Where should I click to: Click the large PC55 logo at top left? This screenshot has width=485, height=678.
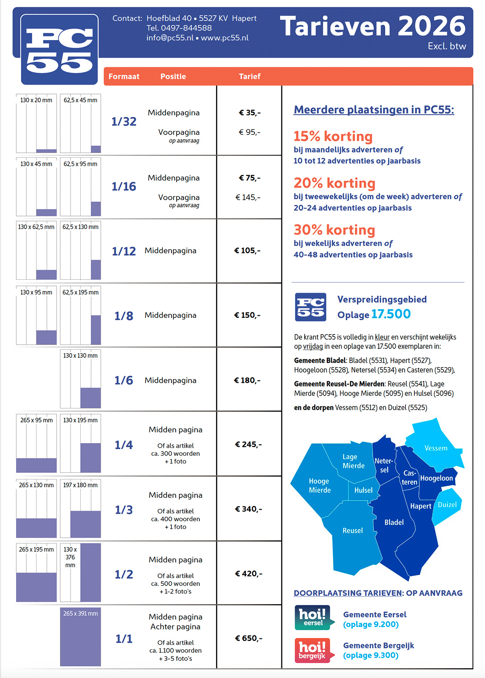coord(59,50)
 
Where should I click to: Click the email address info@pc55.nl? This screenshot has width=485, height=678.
coord(170,38)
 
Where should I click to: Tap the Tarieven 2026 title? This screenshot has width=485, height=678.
coord(372,26)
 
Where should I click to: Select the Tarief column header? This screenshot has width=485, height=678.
coord(249,77)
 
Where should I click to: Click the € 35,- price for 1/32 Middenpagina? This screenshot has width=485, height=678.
coord(249,113)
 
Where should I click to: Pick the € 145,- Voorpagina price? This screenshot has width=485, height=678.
coord(248,197)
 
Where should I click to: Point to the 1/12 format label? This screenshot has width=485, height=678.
coord(124,251)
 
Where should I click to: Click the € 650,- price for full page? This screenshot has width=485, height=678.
coord(248,638)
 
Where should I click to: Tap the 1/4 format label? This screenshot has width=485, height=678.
coord(124,445)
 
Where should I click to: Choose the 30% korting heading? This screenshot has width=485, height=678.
coord(334,230)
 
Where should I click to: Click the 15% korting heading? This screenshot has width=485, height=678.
coord(333,136)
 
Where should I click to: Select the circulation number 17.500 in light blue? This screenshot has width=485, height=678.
coord(391,314)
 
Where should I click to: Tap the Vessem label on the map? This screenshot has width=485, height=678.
coord(436,448)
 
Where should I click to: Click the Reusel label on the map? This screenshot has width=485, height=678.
coord(353,530)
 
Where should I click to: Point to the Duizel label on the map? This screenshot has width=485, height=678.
coord(447,505)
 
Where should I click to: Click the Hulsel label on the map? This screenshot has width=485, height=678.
coord(363,490)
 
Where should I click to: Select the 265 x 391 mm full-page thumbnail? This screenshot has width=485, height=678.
coord(80,636)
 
